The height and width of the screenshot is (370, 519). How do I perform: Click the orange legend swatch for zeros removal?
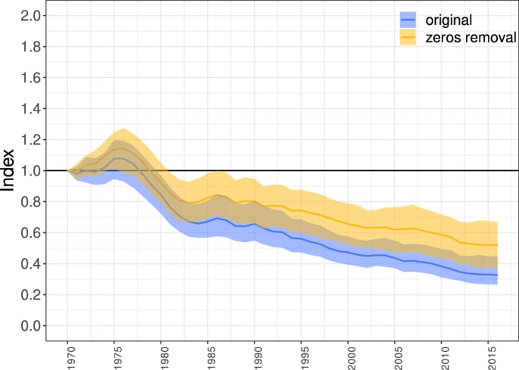409,37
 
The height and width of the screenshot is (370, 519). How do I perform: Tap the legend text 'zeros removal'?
468,37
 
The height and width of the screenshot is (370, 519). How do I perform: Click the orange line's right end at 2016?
497,245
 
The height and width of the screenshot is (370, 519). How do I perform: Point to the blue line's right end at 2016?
497,275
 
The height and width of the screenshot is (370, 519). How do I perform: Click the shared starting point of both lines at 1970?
68,170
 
